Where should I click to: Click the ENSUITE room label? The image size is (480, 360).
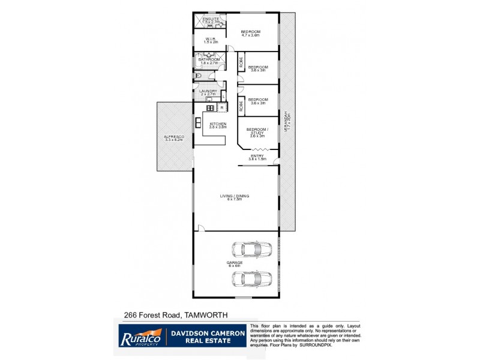tap(211, 19)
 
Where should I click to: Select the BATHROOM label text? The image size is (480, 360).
tap(210, 59)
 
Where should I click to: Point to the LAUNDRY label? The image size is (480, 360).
tap(208, 91)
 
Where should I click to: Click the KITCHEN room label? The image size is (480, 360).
tap(217, 124)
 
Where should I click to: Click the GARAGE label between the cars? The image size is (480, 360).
tap(235, 262)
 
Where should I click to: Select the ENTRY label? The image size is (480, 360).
tap(257, 157)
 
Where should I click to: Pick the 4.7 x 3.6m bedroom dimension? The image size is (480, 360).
tap(250, 36)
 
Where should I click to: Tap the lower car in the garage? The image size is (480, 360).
tap(251, 279)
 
